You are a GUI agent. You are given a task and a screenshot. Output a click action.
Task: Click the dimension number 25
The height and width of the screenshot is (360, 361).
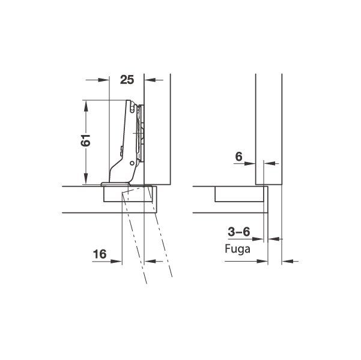tap(127, 80)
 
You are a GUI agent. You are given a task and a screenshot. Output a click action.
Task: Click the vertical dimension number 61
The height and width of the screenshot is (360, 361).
tap(85, 140)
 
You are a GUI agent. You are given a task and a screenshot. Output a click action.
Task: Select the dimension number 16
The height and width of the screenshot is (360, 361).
tap(100, 254)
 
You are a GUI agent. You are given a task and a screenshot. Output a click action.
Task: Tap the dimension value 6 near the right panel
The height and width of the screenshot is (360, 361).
tap(238, 157)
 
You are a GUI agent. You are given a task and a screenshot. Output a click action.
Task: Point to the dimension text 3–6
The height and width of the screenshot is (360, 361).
tap(238, 232)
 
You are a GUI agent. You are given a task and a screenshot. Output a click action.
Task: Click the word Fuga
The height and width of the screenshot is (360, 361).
tap(237, 249)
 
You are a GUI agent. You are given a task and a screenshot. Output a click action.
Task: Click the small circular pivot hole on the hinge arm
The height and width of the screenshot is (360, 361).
tap(132, 163)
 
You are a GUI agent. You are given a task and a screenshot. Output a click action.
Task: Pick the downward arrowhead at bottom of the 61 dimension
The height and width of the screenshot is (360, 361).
tap(86, 179)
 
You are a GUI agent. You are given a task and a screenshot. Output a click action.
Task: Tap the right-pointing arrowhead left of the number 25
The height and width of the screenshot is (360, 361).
tap(103, 80)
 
